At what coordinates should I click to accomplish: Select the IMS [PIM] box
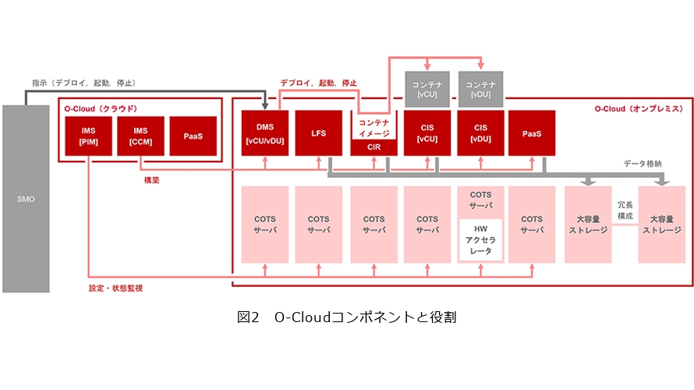pos(87,135)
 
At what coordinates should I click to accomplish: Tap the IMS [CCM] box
pos(140,135)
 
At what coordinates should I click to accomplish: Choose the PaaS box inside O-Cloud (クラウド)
pos(193,135)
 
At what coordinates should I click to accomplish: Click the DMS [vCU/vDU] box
pos(265,133)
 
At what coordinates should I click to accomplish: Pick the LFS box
pos(319,133)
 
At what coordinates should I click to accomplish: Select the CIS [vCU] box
pos(427,133)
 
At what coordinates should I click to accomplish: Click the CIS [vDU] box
pos(480,133)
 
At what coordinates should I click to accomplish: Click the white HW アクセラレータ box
pos(480,239)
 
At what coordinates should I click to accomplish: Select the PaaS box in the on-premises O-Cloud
pos(533,133)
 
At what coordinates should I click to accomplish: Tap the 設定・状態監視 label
pos(115,288)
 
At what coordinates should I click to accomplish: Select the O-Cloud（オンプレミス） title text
pos(638,108)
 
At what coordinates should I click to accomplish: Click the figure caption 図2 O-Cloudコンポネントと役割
pos(346,317)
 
